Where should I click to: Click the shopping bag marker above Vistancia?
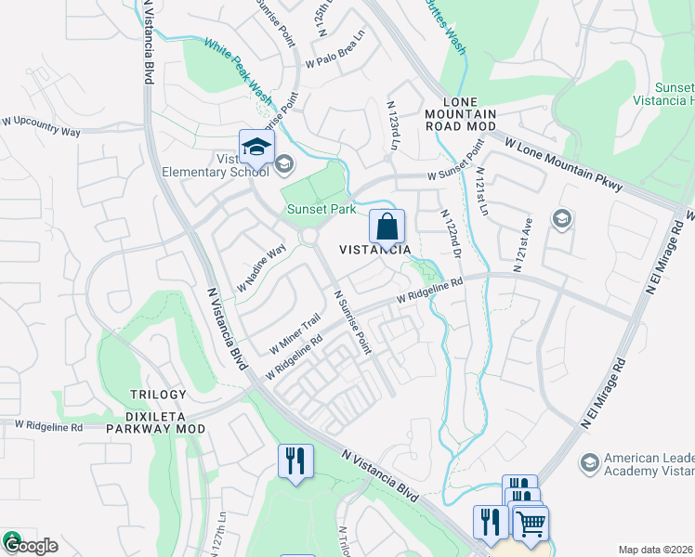[387, 227]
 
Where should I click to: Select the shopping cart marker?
[531, 524]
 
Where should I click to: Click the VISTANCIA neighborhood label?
[374, 251]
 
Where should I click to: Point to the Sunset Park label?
[321, 210]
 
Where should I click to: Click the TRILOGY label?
[158, 395]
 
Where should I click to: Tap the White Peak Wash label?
[238, 70]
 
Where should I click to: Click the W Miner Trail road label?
[295, 333]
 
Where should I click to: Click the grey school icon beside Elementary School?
[284, 164]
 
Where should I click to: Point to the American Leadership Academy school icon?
[588, 461]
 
